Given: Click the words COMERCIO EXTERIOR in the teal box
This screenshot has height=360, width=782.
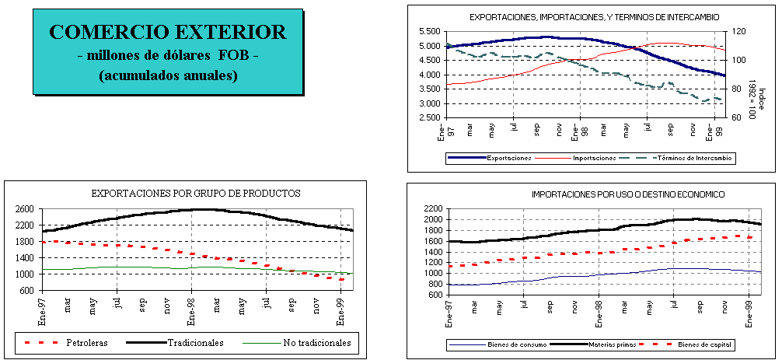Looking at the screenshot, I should (x=167, y=33).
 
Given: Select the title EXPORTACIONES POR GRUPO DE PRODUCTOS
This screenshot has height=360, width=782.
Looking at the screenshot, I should (x=196, y=193).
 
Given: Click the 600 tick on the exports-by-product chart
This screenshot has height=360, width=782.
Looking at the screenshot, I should (x=26, y=291).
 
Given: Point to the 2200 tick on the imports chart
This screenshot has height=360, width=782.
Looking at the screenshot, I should (x=432, y=209).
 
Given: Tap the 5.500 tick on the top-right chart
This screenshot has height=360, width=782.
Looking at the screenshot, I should (x=430, y=31).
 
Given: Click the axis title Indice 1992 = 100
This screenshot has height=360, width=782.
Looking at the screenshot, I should (x=752, y=97).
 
